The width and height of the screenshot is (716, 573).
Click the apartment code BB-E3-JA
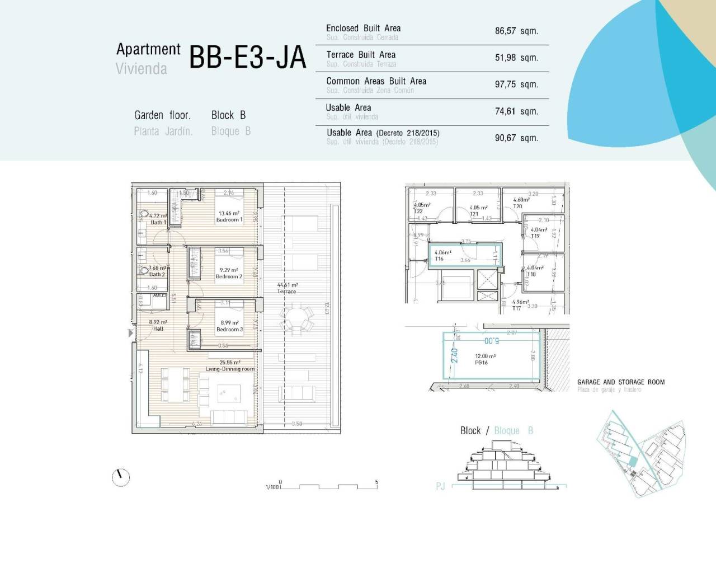(247, 57)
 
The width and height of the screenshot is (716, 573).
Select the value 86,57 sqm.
(516, 31)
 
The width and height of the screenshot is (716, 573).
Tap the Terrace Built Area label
(361, 55)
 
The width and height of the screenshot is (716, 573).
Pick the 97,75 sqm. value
(516, 84)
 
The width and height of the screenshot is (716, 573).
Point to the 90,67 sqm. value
(516, 138)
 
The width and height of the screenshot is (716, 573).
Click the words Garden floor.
(162, 115)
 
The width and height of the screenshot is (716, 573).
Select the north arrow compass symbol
(120, 477)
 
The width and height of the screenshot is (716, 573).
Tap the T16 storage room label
(439, 259)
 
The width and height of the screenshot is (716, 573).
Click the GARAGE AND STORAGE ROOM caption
(620, 382)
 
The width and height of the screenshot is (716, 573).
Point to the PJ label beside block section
(440, 486)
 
